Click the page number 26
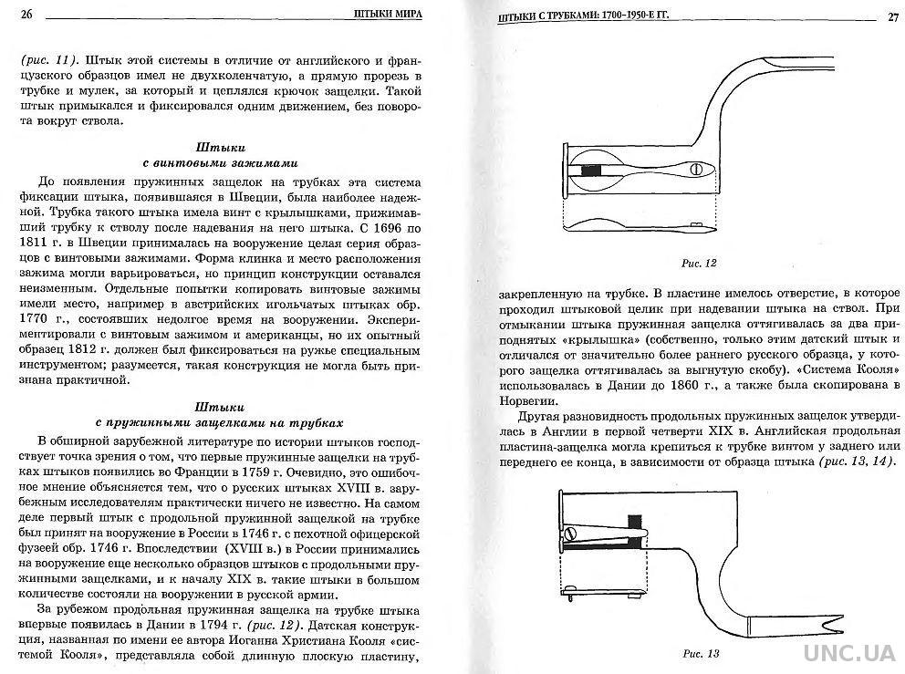[26, 13]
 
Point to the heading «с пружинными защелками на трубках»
[220, 422]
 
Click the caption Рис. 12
[700, 263]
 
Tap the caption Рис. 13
[702, 653]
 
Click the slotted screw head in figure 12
[696, 170]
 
